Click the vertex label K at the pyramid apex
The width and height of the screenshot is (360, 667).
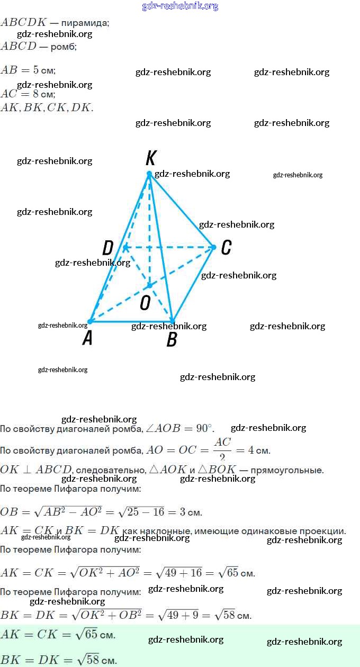pyautogui.click(x=151, y=158)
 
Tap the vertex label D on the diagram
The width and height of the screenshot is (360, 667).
pyautogui.click(x=108, y=248)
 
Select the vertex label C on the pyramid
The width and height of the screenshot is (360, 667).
pyautogui.click(x=226, y=248)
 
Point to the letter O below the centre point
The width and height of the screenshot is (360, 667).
pyautogui.click(x=145, y=303)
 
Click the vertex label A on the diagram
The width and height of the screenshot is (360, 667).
pyautogui.click(x=87, y=338)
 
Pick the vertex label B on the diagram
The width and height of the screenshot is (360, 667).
pyautogui.click(x=172, y=340)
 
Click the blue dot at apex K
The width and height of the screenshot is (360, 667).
pyautogui.click(x=149, y=174)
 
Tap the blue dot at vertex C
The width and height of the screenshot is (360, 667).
pyautogui.click(x=214, y=247)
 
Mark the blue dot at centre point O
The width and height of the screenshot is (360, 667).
pyautogui.click(x=149, y=285)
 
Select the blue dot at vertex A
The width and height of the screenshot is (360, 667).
pyautogui.click(x=90, y=321)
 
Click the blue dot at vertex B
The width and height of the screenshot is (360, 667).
pyautogui.click(x=172, y=321)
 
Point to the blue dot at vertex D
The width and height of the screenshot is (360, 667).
pyautogui.click(x=125, y=247)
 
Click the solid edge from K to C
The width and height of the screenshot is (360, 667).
pyautogui.click(x=182, y=210)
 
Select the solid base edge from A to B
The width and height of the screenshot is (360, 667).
pyautogui.click(x=131, y=321)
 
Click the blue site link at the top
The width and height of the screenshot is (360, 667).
pyautogui.click(x=180, y=6)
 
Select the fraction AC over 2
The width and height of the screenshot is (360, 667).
pyautogui.click(x=223, y=449)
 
